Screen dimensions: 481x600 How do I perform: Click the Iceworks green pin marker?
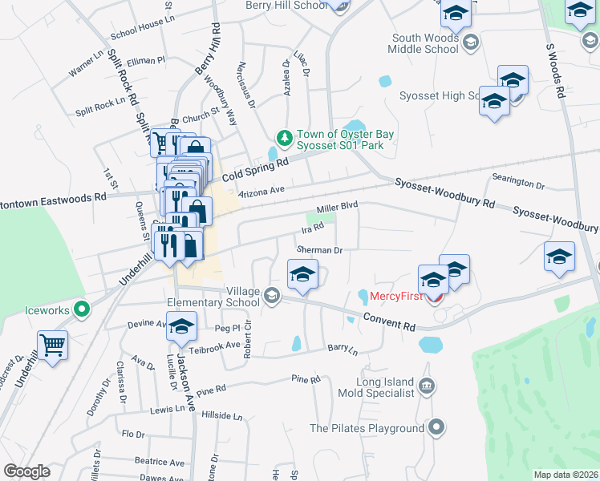coord(81,308)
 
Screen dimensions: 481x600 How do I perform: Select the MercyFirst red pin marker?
coord(434,299)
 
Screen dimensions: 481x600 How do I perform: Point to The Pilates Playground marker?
coord(436,428)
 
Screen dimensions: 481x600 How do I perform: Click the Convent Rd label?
coord(388,321)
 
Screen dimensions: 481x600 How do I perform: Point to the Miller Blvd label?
coord(336,208)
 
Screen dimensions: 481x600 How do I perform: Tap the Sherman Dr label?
coord(320,250)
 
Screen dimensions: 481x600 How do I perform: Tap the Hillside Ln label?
coord(221,416)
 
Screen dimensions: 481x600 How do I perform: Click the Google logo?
coord(26,471)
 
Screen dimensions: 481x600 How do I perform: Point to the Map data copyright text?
coord(566,475)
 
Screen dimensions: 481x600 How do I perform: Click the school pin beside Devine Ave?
coord(182,326)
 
